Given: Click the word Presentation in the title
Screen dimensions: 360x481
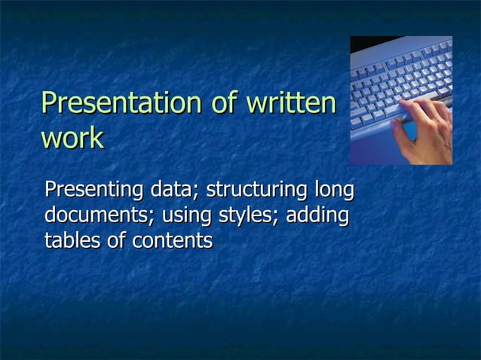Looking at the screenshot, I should (x=123, y=104).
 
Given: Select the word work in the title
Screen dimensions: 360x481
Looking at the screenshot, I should (x=72, y=139).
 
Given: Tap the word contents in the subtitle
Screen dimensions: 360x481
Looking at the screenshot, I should (x=173, y=241).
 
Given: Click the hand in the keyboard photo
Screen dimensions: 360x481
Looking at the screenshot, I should (x=426, y=128).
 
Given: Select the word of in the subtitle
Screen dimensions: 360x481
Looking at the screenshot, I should (x=118, y=241).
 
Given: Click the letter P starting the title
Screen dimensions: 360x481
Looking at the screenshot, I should (x=50, y=104).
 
